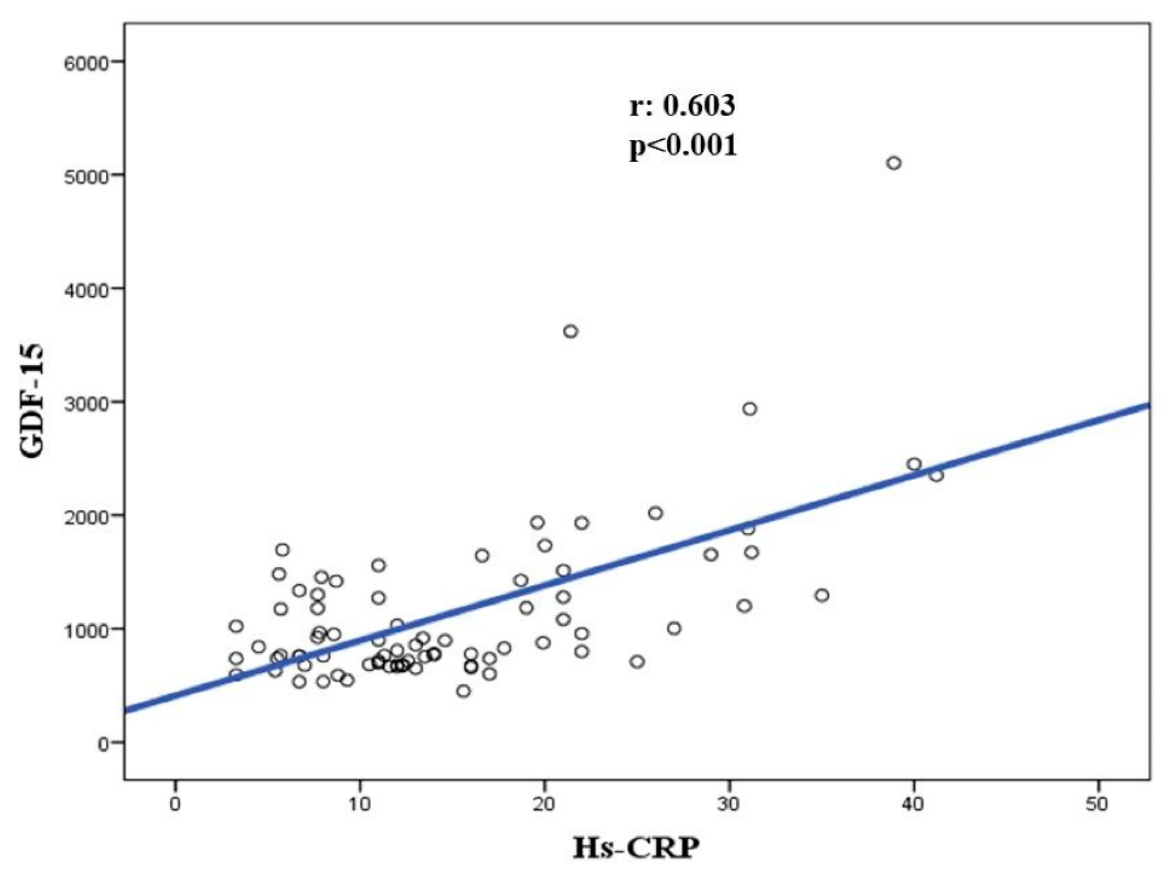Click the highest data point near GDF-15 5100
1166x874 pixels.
tap(894, 163)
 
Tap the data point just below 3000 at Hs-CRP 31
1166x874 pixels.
tap(749, 409)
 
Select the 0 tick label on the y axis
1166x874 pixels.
tap(103, 743)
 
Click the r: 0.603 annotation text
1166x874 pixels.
tap(682, 106)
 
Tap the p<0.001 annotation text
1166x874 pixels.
tap(683, 145)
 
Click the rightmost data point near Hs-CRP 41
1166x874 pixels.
tap(936, 475)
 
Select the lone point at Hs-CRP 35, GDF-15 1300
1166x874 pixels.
tap(822, 596)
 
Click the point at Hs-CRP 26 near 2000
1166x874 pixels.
tap(656, 513)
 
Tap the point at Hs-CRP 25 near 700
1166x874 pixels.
tap(637, 662)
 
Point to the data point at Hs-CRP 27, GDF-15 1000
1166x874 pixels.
tap(674, 628)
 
